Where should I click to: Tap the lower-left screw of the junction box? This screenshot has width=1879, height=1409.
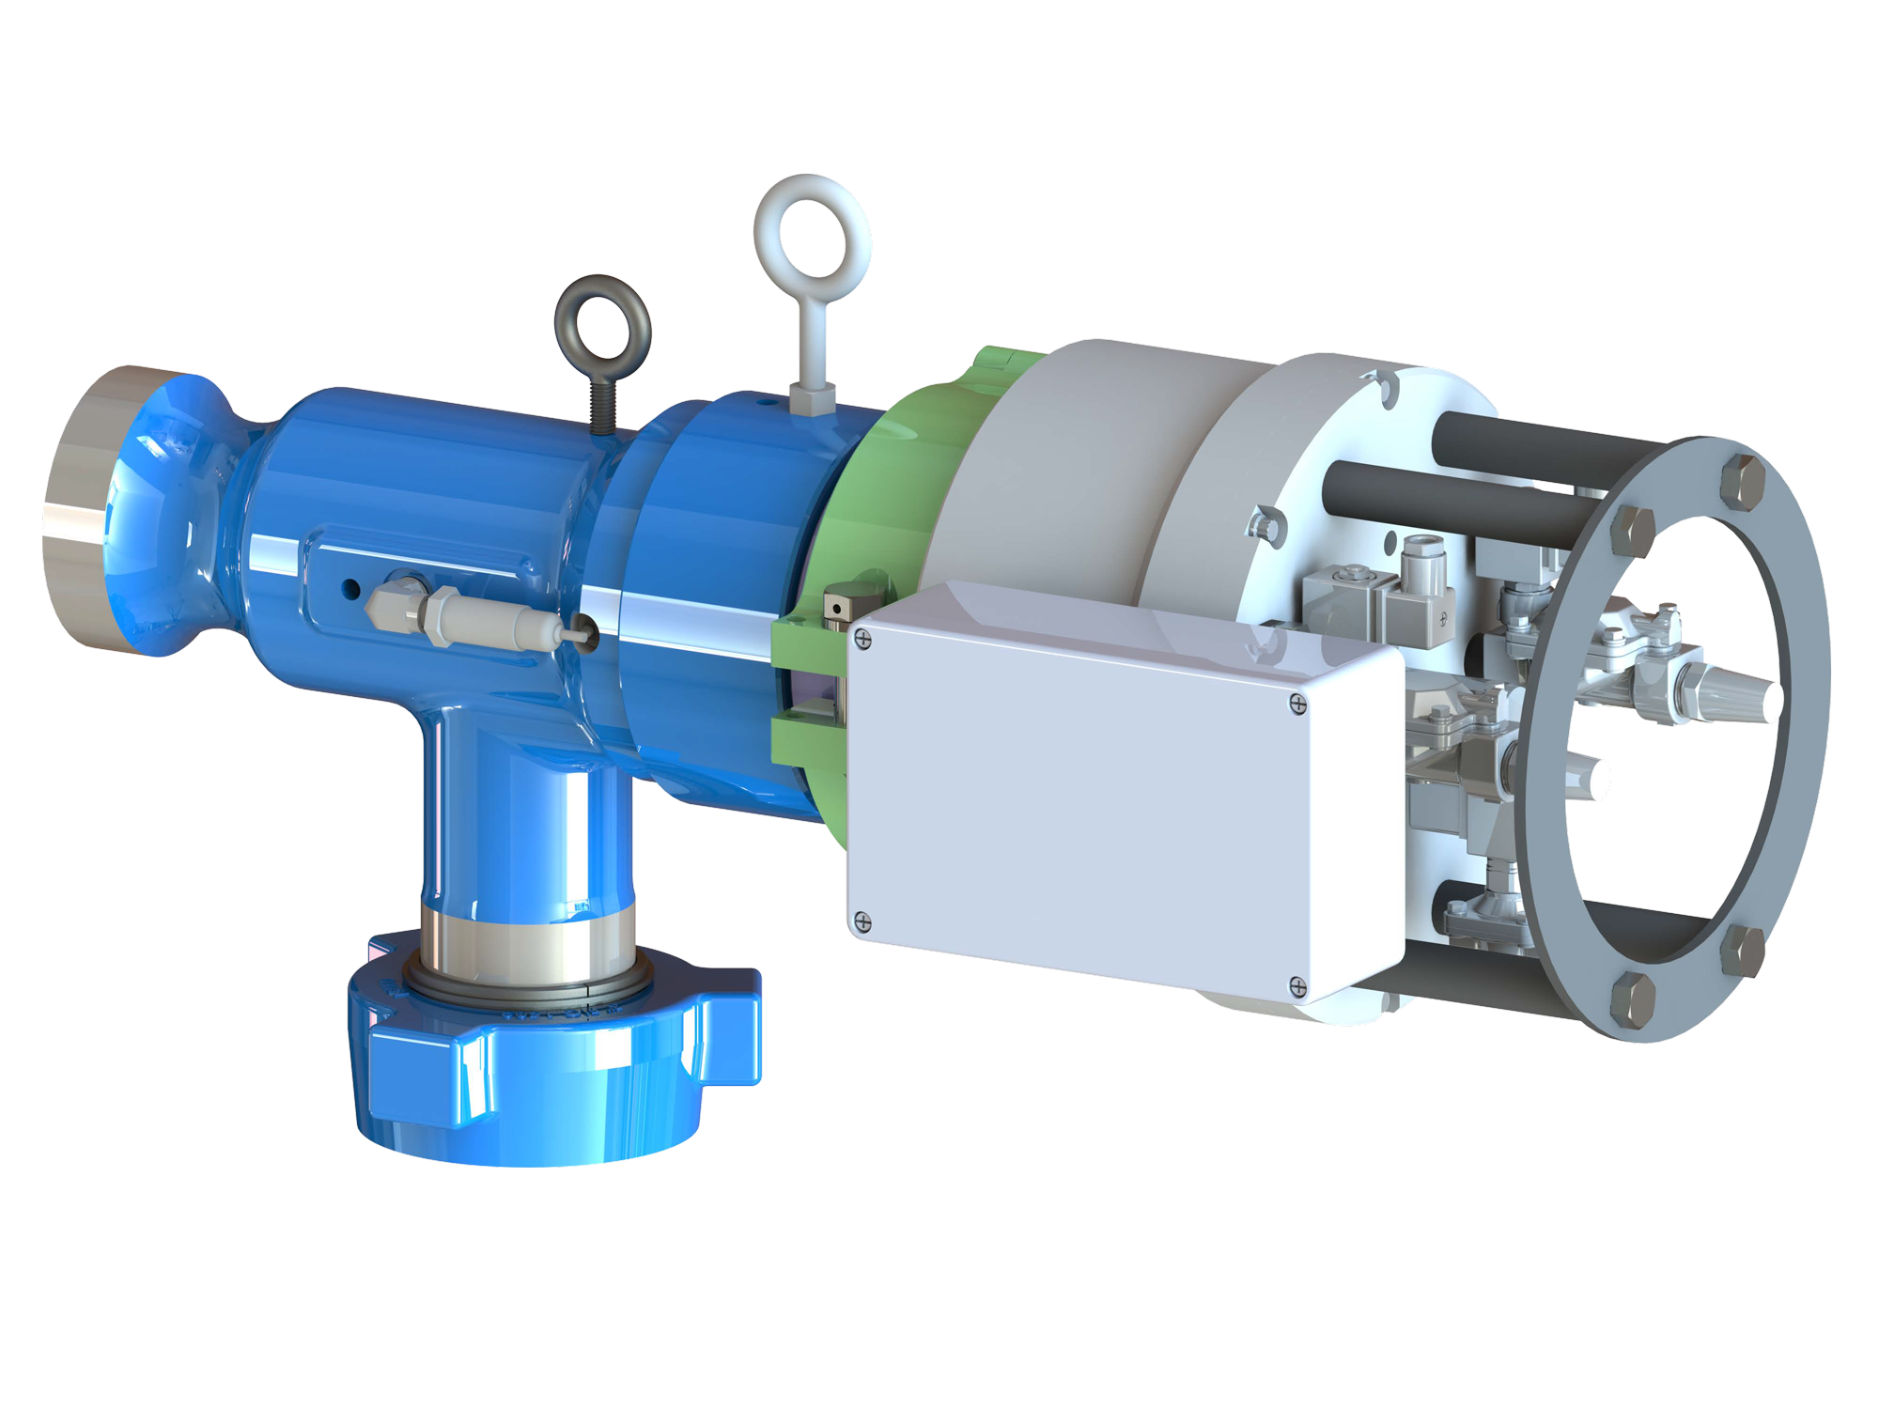[862, 922]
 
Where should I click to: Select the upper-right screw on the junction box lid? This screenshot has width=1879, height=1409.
[1297, 703]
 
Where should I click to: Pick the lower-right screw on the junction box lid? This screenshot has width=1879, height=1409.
[1297, 986]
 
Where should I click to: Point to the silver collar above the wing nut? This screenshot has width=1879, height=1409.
[526, 939]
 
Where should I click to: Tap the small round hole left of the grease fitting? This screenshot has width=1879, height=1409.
[351, 589]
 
